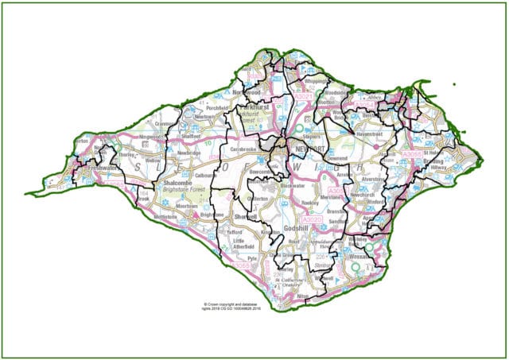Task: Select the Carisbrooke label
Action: click(243, 148)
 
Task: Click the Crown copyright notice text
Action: click(227, 306)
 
